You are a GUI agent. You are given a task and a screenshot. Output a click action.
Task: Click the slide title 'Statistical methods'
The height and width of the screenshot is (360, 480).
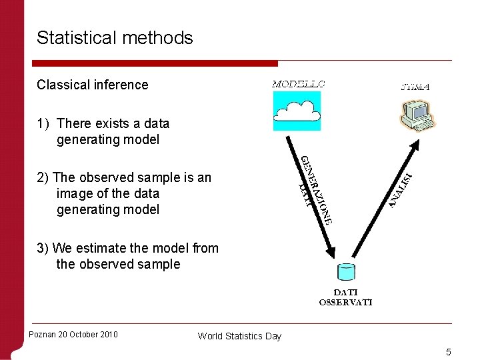coord(115,38)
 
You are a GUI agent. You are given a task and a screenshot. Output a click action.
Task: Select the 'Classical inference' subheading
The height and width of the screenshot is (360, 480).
coord(93,85)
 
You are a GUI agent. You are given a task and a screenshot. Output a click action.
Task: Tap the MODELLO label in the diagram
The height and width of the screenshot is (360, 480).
coord(298,84)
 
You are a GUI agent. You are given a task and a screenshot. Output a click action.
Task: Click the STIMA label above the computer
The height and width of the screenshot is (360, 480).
coord(415,86)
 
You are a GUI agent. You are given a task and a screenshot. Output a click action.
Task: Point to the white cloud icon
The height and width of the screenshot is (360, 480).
coord(297,111)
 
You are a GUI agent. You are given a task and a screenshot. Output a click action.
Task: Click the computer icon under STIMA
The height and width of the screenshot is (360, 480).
coord(417,115)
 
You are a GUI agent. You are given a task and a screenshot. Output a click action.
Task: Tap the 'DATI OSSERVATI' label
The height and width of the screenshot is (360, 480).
coord(346,297)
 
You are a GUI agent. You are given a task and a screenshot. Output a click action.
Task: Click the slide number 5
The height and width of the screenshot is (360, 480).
coord(449,352)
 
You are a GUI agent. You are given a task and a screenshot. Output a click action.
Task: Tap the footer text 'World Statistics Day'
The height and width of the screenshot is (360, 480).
coord(239,336)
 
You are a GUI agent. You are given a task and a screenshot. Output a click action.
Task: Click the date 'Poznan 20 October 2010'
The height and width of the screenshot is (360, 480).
coord(73,334)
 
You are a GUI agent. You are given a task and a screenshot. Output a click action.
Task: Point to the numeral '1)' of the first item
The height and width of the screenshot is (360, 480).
coord(43,123)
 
